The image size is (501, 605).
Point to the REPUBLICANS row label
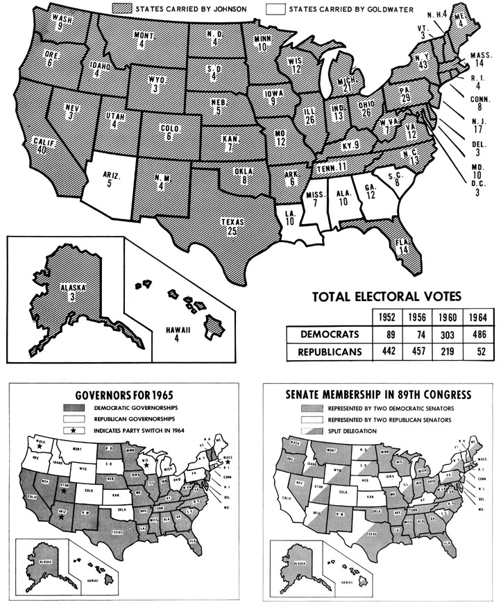tap(330, 352)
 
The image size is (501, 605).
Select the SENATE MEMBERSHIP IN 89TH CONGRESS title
tap(379, 395)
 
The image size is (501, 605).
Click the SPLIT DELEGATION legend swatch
tap(312, 431)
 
